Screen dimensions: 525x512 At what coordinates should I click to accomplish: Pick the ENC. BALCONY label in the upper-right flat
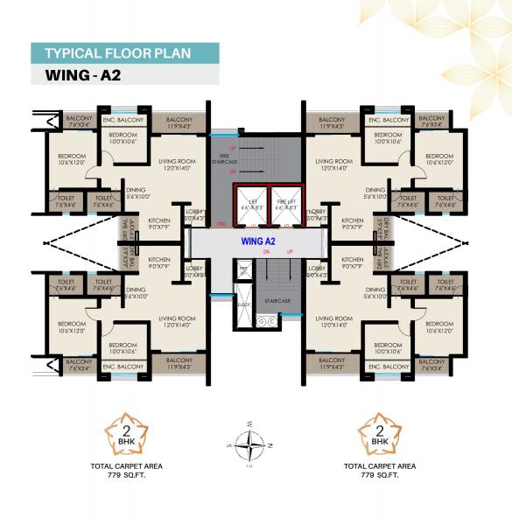pos(388,119)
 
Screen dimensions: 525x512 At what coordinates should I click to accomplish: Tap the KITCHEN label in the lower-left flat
pos(159,260)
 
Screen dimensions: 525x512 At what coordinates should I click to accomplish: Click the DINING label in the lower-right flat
pos(375,290)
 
